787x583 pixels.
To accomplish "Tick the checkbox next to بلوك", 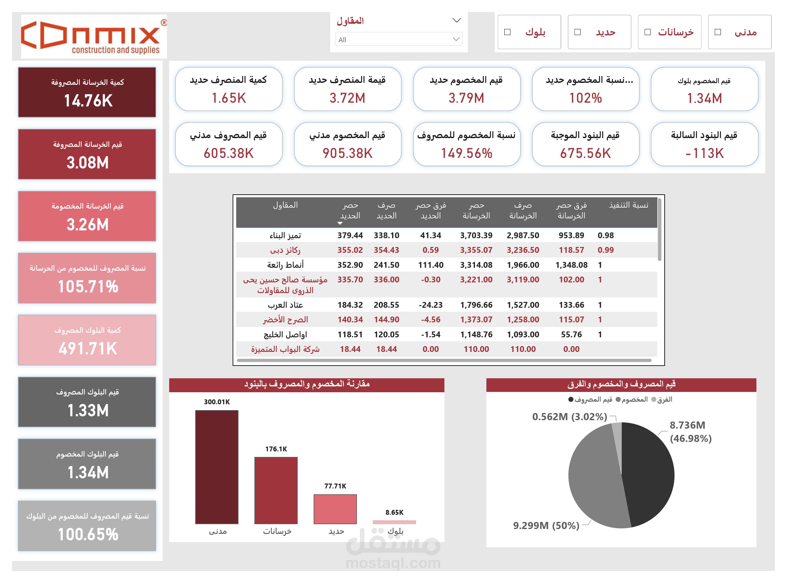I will (x=507, y=32).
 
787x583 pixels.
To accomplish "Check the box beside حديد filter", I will (x=577, y=32).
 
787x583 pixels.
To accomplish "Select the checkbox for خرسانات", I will (x=647, y=32).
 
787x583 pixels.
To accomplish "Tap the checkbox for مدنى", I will (x=718, y=32).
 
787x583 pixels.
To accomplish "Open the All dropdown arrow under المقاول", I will (x=456, y=39).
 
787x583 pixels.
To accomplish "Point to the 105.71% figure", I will (x=88, y=286).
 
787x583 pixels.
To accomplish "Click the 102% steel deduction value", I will (x=585, y=98).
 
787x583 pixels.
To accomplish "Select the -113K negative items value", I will (x=704, y=153).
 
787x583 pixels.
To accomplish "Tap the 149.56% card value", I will (x=466, y=153).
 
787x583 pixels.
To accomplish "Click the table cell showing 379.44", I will (x=350, y=235).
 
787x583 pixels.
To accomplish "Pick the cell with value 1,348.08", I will (x=571, y=265).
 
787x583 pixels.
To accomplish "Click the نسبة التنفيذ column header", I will (x=629, y=205).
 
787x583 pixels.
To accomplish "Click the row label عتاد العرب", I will (x=285, y=304).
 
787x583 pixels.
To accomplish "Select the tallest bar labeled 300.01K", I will (x=217, y=467).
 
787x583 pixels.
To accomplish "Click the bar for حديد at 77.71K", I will (x=335, y=509).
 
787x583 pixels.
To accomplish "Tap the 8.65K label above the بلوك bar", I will (x=394, y=512).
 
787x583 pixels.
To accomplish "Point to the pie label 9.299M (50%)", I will (x=546, y=525).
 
